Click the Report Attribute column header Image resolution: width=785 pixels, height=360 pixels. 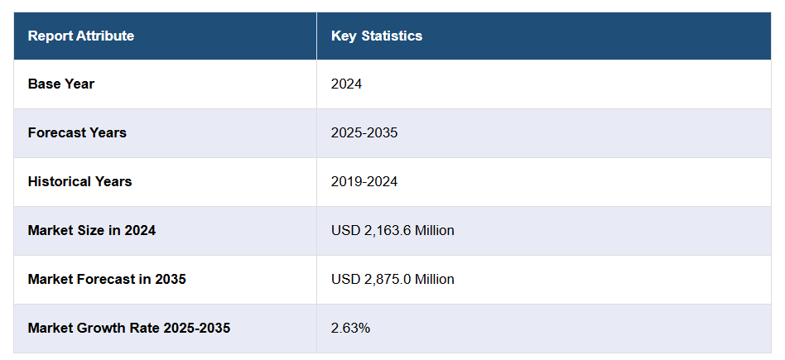[80, 36]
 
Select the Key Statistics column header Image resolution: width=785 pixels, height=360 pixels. [377, 36]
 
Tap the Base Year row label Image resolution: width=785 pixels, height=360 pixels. [61, 84]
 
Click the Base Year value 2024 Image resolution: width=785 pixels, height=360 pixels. [346, 84]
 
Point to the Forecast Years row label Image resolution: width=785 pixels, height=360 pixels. [77, 132]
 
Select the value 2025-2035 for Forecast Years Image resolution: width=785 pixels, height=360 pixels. [364, 132]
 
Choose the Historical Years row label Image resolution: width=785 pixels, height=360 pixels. [79, 181]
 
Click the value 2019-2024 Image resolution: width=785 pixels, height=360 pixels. [364, 181]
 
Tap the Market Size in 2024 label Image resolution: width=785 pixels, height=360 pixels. [92, 230]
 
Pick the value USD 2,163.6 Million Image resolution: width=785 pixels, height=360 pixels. [392, 230]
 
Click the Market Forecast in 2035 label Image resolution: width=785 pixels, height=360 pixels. [107, 279]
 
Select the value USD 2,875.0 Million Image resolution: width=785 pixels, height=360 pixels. [392, 279]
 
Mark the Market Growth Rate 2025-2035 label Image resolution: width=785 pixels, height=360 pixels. [129, 328]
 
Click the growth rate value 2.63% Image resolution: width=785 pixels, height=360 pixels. [350, 328]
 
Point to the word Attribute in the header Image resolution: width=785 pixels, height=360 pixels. [105, 36]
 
